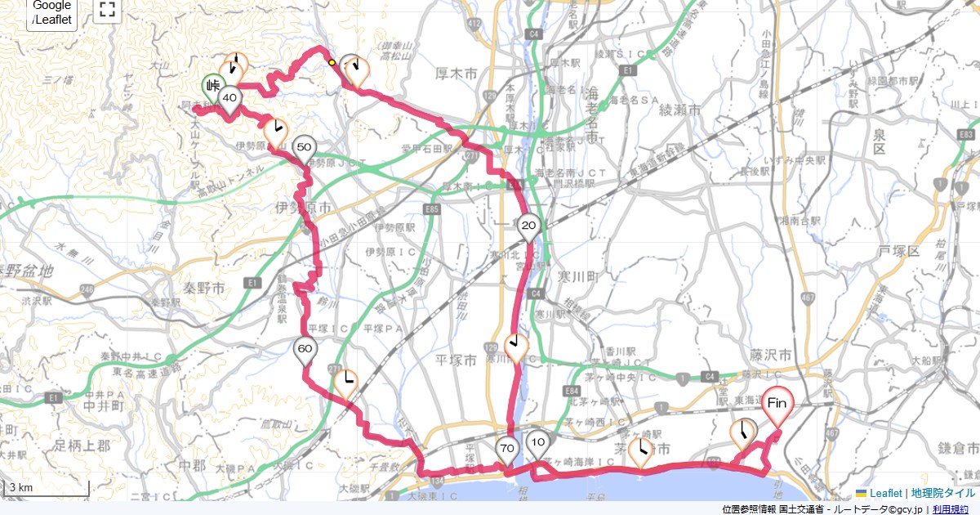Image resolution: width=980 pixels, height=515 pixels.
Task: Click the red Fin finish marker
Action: click(777, 404)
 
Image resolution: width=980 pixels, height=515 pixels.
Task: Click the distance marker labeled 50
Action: click(304, 149)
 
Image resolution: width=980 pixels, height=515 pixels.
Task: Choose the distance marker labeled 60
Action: click(305, 350)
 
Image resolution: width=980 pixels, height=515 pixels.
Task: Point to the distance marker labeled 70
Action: click(506, 449)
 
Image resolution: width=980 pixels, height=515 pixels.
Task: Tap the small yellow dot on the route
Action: click(332, 62)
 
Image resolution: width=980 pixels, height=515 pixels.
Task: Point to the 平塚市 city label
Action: click(456, 360)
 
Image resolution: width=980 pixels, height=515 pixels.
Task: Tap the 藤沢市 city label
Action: click(770, 356)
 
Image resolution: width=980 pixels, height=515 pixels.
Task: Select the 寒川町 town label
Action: click(578, 276)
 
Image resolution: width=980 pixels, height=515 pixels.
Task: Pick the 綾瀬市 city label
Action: click(679, 109)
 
